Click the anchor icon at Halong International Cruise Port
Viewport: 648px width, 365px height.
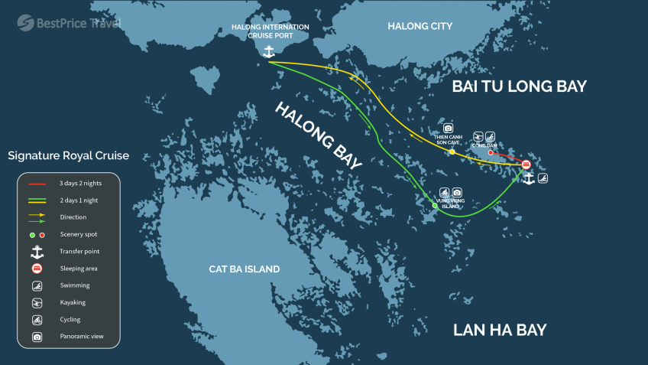[268, 52]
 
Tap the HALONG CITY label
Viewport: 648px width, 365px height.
[420, 27]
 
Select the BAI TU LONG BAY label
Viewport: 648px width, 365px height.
[519, 86]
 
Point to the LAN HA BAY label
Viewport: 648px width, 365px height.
[500, 330]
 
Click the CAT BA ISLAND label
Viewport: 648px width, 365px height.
[245, 269]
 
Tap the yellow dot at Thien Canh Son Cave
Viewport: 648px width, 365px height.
[452, 152]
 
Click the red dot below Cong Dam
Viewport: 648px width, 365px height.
[490, 152]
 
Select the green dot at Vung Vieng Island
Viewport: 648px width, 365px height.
[435, 206]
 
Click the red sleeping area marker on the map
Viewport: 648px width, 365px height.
[526, 165]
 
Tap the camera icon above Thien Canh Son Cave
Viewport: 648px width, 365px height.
[449, 129]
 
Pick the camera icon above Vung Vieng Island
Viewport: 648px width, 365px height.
[457, 192]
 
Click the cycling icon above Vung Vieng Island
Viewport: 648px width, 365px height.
[442, 192]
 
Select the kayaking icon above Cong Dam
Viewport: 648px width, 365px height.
[478, 135]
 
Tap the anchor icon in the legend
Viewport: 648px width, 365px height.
[36, 251]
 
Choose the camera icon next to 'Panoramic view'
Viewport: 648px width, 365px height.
[36, 336]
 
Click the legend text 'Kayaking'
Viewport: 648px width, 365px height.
[73, 302]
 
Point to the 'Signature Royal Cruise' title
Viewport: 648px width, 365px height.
[69, 156]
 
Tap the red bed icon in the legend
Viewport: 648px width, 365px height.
[36, 269]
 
